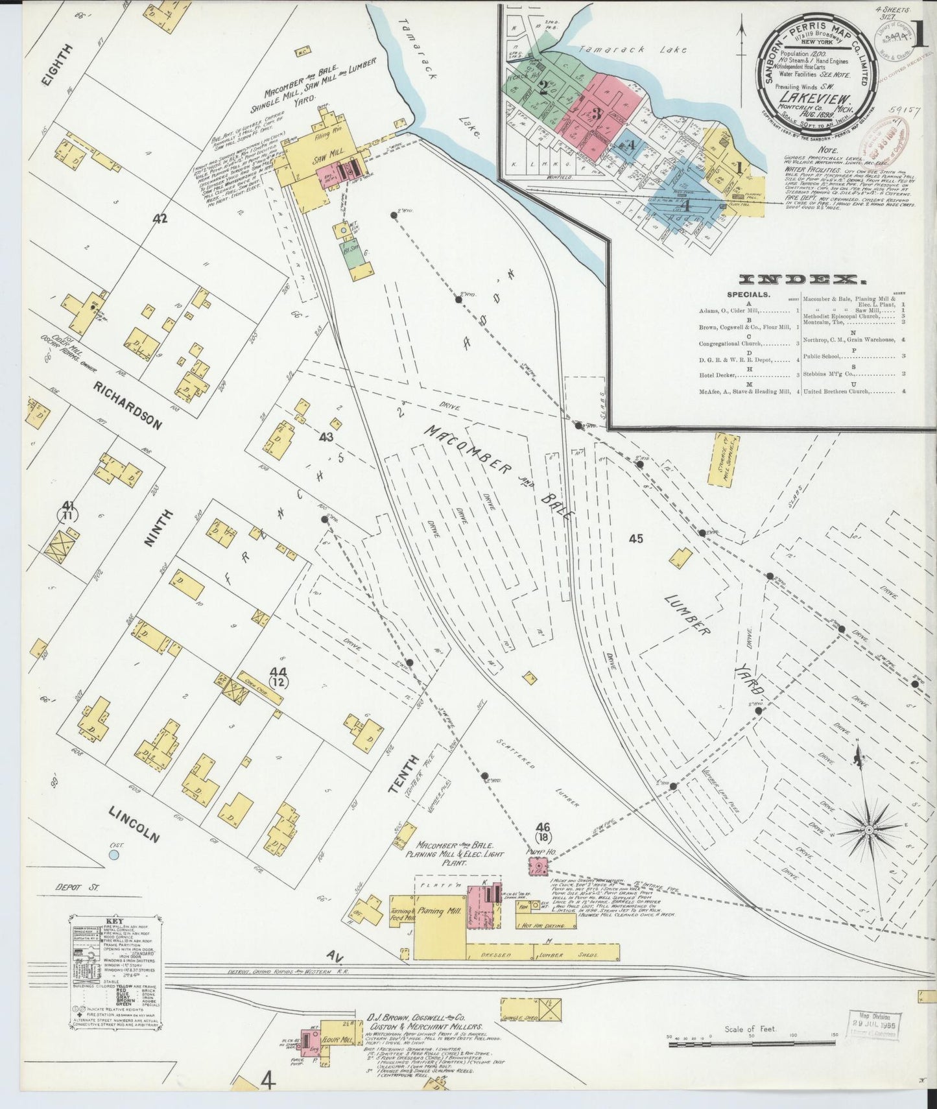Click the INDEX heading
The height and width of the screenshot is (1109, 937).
pyautogui.click(x=802, y=280)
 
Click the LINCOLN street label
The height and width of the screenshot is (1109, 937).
pyautogui.click(x=134, y=824)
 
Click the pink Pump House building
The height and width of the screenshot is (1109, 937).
pyautogui.click(x=538, y=866)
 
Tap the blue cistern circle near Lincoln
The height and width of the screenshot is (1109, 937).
pyautogui.click(x=114, y=855)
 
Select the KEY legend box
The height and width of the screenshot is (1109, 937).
pyautogui.click(x=115, y=972)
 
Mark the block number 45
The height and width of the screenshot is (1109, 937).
pyautogui.click(x=635, y=538)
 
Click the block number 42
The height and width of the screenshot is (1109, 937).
pyautogui.click(x=161, y=219)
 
